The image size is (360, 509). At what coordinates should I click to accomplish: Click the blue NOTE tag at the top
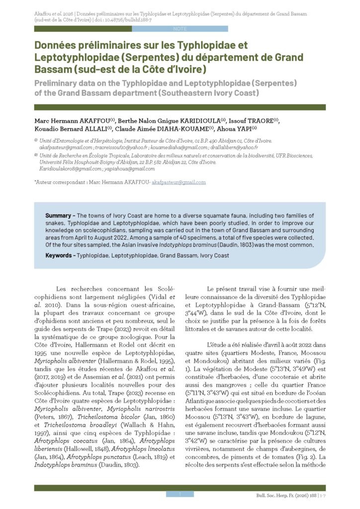180,29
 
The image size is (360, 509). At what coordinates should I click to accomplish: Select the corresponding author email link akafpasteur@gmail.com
179,182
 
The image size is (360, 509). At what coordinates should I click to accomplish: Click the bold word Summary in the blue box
59,216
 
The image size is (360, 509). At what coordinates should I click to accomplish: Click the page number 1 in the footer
180,494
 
